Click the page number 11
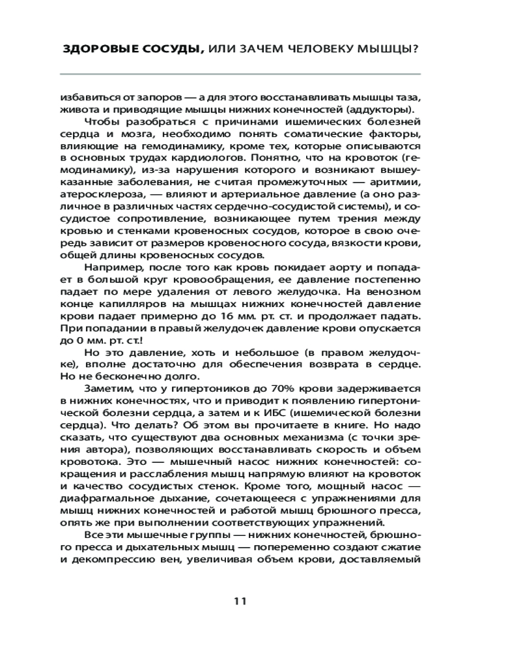[239, 601]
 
